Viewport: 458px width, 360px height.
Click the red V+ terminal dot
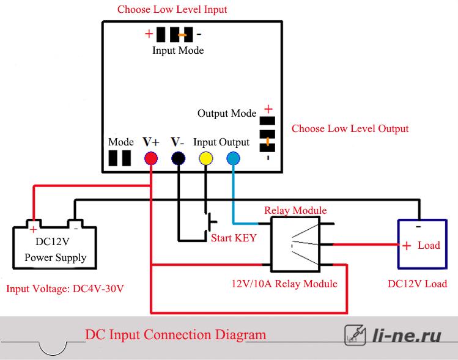click(x=151, y=158)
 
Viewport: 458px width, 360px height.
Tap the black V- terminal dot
click(x=178, y=158)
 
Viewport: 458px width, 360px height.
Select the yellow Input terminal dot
click(x=206, y=158)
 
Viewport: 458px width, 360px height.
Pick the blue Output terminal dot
click(x=234, y=158)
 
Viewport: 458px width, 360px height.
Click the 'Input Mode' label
click(x=178, y=50)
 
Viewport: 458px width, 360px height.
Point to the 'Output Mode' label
click(x=227, y=113)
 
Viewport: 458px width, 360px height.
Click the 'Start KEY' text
click(x=234, y=238)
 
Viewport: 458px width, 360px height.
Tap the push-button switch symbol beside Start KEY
click(x=211, y=222)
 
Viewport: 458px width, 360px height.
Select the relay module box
click(x=295, y=244)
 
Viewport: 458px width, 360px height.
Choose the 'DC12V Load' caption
click(x=417, y=284)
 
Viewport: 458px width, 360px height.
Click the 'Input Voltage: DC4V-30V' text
click(x=65, y=288)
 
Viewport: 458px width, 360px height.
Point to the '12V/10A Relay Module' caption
click(x=284, y=284)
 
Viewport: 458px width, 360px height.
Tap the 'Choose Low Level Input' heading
click(x=172, y=9)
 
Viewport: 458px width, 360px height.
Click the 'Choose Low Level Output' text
click(x=350, y=128)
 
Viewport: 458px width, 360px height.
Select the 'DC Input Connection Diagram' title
click(x=175, y=335)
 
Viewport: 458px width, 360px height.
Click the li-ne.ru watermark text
click(x=407, y=335)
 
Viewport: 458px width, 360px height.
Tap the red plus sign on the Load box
click(x=407, y=246)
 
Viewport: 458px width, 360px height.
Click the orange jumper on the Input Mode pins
click(x=182, y=35)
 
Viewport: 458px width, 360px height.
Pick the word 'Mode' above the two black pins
click(x=121, y=142)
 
